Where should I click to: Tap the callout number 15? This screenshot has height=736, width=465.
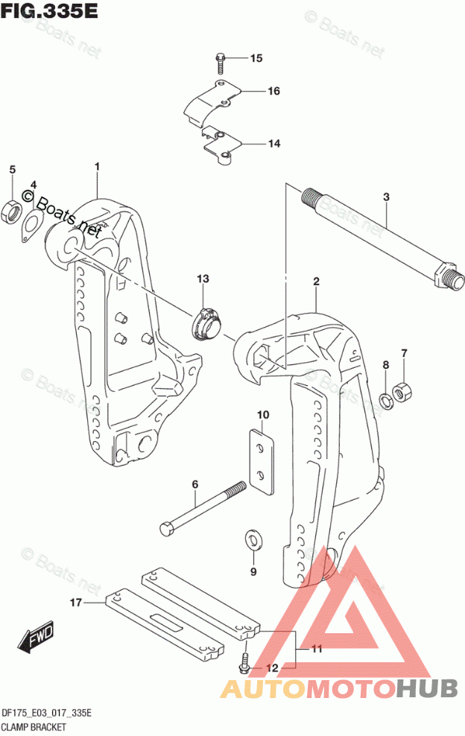click(256, 58)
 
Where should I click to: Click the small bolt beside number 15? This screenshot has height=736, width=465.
click(221, 59)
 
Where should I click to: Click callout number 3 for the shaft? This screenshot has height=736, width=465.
click(386, 197)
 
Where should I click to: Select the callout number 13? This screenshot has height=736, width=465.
click(203, 279)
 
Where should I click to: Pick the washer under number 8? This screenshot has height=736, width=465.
click(386, 399)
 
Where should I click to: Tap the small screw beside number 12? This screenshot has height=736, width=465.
click(244, 659)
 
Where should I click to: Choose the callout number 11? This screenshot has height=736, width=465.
click(316, 649)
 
